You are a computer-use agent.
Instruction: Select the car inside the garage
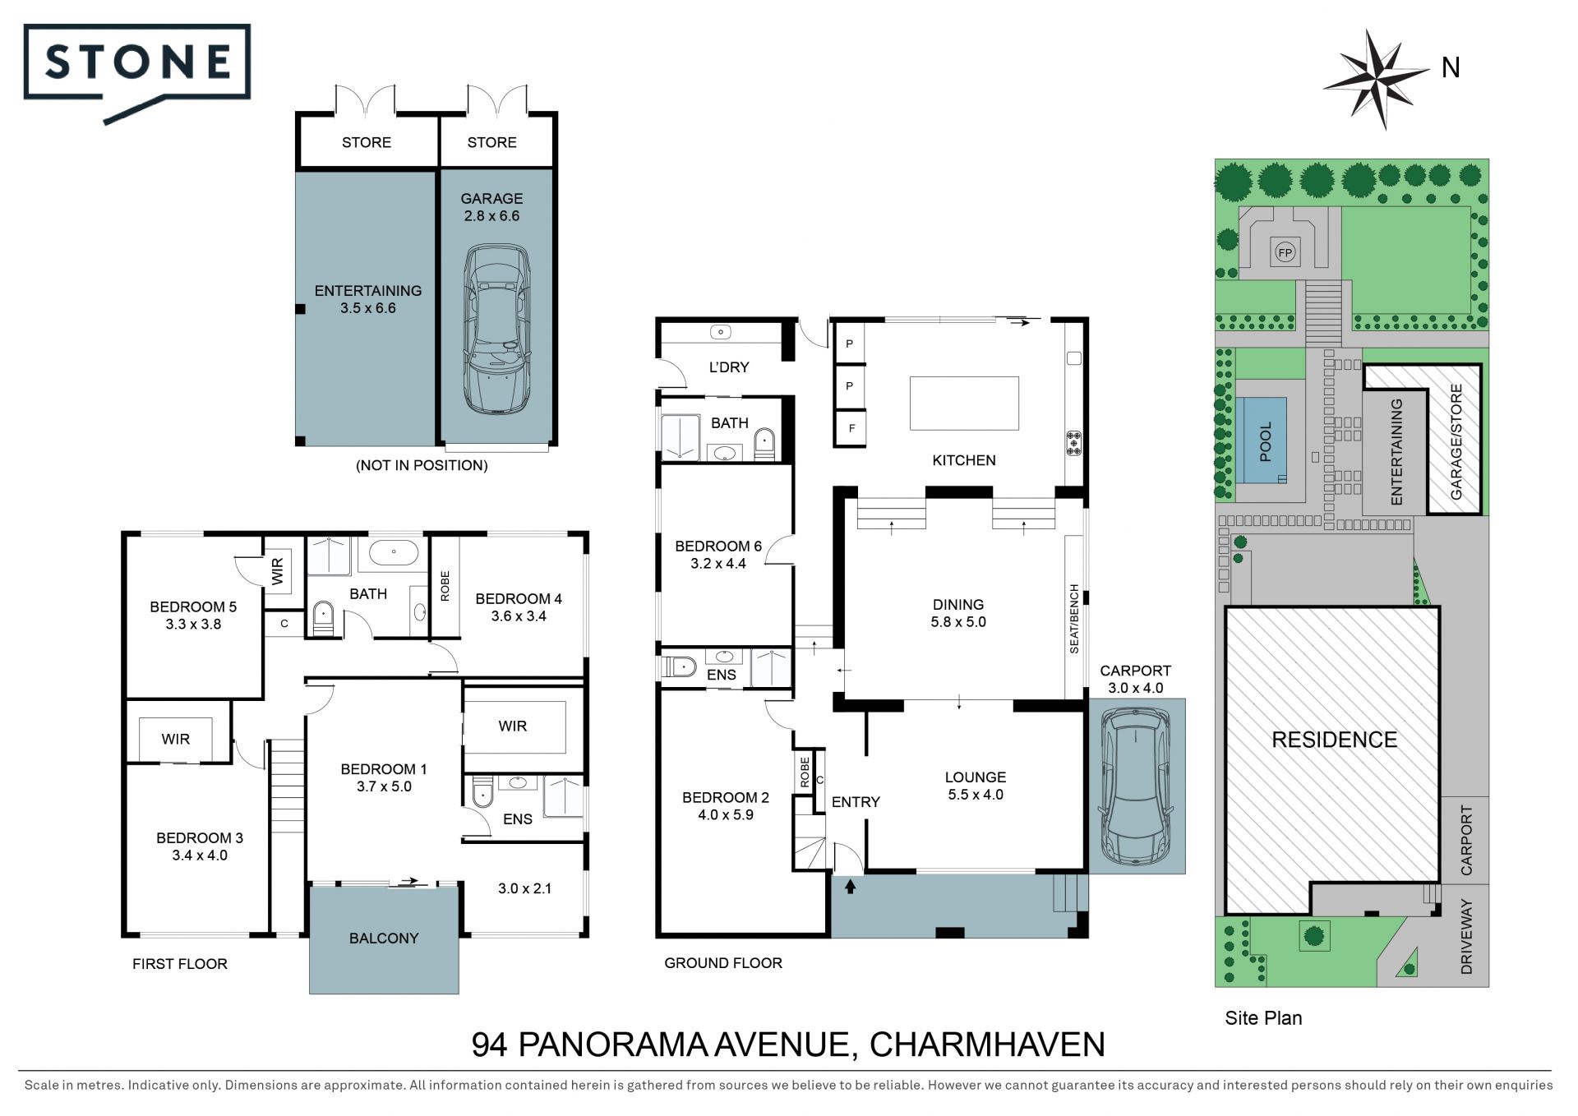(496, 329)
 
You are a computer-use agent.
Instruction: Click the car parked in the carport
(1137, 786)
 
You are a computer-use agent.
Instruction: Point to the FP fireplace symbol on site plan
(1285, 252)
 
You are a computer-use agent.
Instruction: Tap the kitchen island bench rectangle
(964, 403)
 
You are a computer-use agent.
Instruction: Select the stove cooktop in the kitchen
(1073, 443)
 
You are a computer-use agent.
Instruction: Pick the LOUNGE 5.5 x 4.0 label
(976, 786)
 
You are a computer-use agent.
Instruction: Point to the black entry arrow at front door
(850, 886)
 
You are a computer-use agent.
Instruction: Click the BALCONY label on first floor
(384, 938)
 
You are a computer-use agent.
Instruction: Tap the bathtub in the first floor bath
(394, 552)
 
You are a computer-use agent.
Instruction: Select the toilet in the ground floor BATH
(764, 444)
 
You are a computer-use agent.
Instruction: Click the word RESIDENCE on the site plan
(1334, 740)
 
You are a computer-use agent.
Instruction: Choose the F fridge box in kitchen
(851, 428)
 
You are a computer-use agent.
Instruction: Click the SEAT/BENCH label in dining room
(1074, 619)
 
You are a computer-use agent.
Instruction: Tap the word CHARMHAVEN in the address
(987, 1045)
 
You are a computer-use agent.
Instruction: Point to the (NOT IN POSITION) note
(422, 465)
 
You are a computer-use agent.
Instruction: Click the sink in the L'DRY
(721, 332)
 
